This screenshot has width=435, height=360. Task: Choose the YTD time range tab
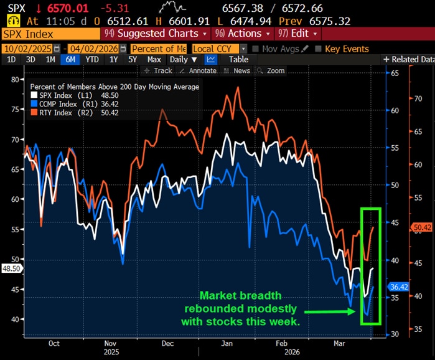(91, 60)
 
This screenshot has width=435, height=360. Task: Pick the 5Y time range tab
(133, 60)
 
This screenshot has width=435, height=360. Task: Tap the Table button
(238, 60)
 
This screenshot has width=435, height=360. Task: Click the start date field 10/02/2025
(28, 49)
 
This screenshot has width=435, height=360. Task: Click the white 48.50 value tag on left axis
(11, 268)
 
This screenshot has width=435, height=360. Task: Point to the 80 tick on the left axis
(16, 79)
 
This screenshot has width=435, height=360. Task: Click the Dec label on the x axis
(167, 343)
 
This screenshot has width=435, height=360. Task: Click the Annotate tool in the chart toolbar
(201, 71)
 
